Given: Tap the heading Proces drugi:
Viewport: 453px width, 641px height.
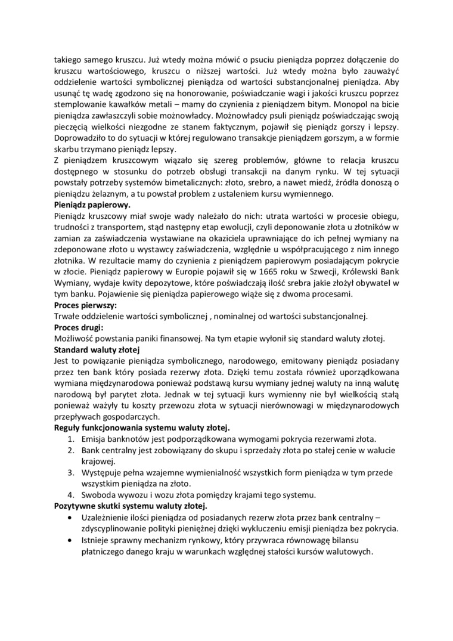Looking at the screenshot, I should coord(79,327).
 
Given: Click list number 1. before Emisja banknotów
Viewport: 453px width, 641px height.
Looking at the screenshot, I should coord(72,439).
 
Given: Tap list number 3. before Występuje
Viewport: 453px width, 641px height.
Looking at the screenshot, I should coord(72,472).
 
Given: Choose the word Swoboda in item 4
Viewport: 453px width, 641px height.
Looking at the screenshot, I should coord(99,494).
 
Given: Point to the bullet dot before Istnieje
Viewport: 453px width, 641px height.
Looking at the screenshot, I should coord(72,540).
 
